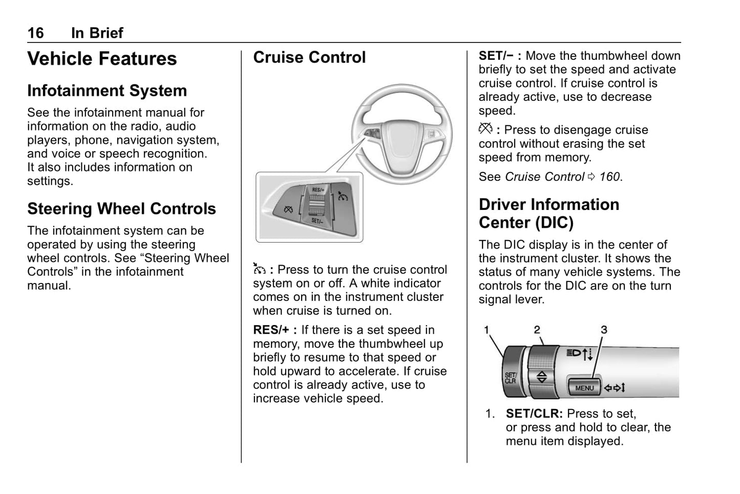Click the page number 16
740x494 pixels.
tap(35, 33)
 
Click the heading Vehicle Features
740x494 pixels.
tap(102, 59)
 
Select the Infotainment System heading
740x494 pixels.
tap(107, 91)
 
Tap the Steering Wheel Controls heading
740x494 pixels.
tap(121, 209)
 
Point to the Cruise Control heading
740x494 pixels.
tap(309, 57)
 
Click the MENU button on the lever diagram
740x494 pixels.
tap(584, 388)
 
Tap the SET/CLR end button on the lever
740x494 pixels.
tap(511, 378)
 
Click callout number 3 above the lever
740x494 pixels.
tap(604, 330)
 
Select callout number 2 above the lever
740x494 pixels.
tap(537, 330)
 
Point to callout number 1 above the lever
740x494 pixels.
tap(487, 330)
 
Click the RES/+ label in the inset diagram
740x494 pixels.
tap(318, 190)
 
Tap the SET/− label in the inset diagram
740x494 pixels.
tap(317, 221)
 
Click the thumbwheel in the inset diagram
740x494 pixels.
tap(318, 205)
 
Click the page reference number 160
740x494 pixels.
tap(609, 177)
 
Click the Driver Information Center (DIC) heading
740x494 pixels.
tap(548, 213)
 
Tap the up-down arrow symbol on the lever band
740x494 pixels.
tap(542, 378)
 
